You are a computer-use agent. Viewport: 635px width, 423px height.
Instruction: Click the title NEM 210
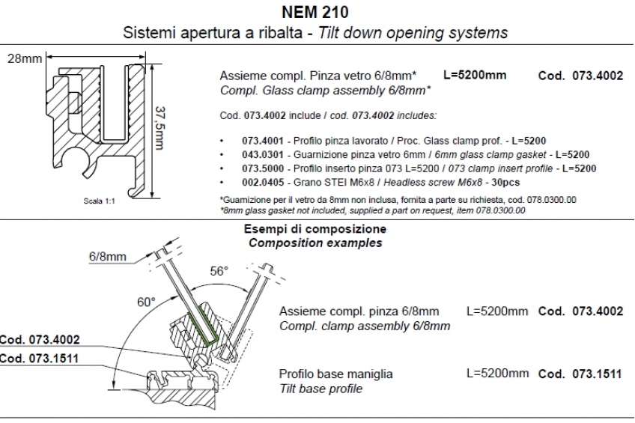coord(315,12)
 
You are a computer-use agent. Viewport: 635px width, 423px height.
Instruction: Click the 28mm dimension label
coord(24,58)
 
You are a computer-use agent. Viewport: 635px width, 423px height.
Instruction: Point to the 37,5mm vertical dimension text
coord(160,128)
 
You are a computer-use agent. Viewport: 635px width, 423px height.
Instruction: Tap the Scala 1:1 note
coord(99,201)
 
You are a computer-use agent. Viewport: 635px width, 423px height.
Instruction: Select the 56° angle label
coord(219,271)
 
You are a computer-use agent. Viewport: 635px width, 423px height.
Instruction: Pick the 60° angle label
coord(146,302)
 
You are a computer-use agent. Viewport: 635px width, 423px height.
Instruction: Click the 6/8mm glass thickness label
coord(108,256)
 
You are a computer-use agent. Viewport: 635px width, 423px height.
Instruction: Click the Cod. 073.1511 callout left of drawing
coord(39,358)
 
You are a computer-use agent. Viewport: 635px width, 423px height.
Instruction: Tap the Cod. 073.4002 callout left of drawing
coord(40,339)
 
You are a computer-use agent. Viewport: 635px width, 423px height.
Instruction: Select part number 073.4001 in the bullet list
coord(263,141)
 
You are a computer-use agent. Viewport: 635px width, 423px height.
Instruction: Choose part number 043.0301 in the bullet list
coord(263,155)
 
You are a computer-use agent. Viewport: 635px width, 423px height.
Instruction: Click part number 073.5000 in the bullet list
coord(263,168)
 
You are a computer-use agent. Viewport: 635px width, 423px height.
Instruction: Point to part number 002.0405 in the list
coord(263,182)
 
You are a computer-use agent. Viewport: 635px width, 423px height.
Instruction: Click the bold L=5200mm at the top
coord(475,75)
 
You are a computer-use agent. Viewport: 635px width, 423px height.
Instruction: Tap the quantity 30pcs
coord(505,182)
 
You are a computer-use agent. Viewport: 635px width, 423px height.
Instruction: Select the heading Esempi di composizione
coord(315,229)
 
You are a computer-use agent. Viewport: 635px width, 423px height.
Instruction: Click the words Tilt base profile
coord(320,389)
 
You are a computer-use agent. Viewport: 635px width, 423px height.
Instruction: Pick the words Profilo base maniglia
coord(335,374)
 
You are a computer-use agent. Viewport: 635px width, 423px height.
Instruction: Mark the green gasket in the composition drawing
coord(203,328)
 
